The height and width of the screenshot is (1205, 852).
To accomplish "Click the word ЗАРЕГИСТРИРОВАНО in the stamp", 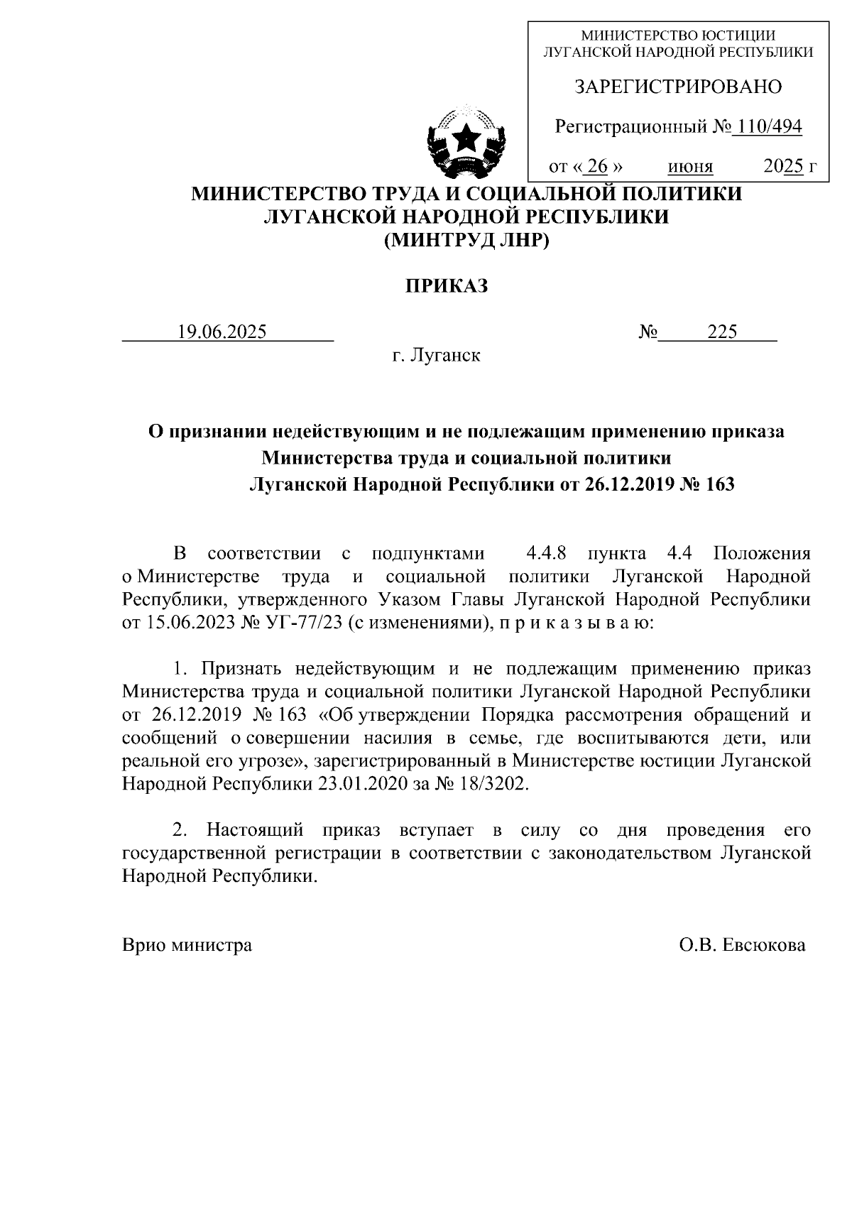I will (x=677, y=87).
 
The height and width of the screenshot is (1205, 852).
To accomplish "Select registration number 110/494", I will (x=770, y=127).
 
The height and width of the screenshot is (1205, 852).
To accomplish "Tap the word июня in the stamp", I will (x=690, y=168).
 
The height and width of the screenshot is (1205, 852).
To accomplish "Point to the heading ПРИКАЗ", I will (x=447, y=285).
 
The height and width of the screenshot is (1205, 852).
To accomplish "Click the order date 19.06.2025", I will (x=222, y=332).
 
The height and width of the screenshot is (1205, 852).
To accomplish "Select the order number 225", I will (x=721, y=332).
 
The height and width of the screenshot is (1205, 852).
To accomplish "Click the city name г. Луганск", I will (x=436, y=354).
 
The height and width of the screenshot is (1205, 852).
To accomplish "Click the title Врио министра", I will (x=187, y=945).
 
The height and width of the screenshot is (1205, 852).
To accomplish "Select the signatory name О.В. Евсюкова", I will (x=741, y=945).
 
